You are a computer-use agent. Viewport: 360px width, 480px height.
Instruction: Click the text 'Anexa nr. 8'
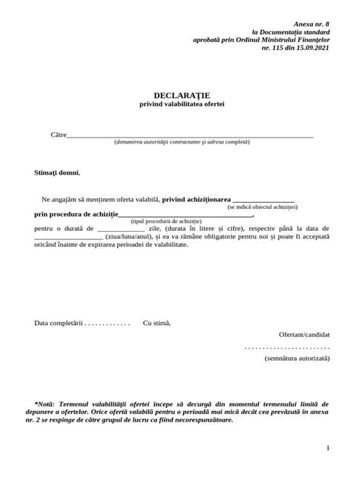pos(311,24)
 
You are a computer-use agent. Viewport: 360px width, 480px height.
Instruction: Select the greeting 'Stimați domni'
pos(56,172)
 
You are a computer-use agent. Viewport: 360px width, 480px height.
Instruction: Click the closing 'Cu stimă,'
pos(157,323)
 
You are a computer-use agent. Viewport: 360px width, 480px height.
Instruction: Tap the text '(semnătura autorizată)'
pos(297,357)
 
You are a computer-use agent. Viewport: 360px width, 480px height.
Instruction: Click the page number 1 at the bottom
pos(327,448)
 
